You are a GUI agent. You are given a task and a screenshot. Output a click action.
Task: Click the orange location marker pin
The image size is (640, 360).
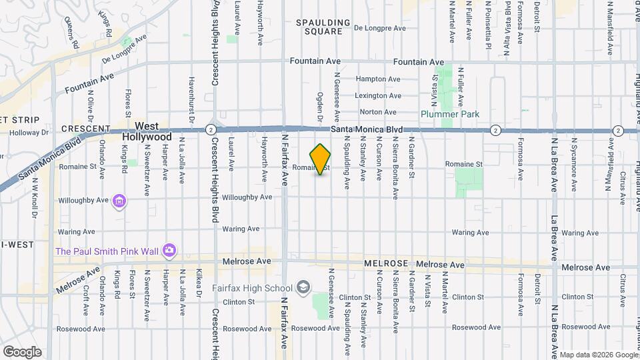(x=321, y=159)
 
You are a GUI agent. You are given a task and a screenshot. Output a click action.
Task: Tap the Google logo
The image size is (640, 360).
(x=22, y=351)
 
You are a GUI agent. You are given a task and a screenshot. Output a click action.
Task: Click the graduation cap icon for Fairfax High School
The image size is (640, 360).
(x=303, y=287)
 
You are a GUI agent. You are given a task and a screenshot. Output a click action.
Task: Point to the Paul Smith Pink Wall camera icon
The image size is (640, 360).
(x=169, y=251)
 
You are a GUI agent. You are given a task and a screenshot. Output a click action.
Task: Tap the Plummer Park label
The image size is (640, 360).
(x=450, y=114)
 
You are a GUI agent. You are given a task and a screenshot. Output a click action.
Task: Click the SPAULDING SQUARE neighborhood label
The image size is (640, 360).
(x=323, y=27)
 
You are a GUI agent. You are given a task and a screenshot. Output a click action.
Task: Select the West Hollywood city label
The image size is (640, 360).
(x=149, y=131)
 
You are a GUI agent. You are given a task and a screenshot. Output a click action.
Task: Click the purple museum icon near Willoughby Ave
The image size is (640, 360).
(x=120, y=201)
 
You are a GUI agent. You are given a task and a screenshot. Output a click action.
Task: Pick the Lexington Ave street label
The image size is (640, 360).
(x=378, y=96)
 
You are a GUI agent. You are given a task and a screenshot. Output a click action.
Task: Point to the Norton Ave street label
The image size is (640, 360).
(x=379, y=112)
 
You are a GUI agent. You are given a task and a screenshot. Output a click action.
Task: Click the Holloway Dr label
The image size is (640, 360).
(x=31, y=132)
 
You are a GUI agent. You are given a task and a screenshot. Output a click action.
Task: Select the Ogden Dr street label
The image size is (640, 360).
(x=320, y=107)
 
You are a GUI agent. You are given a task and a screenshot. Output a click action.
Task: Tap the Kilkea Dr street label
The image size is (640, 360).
(x=199, y=283)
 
